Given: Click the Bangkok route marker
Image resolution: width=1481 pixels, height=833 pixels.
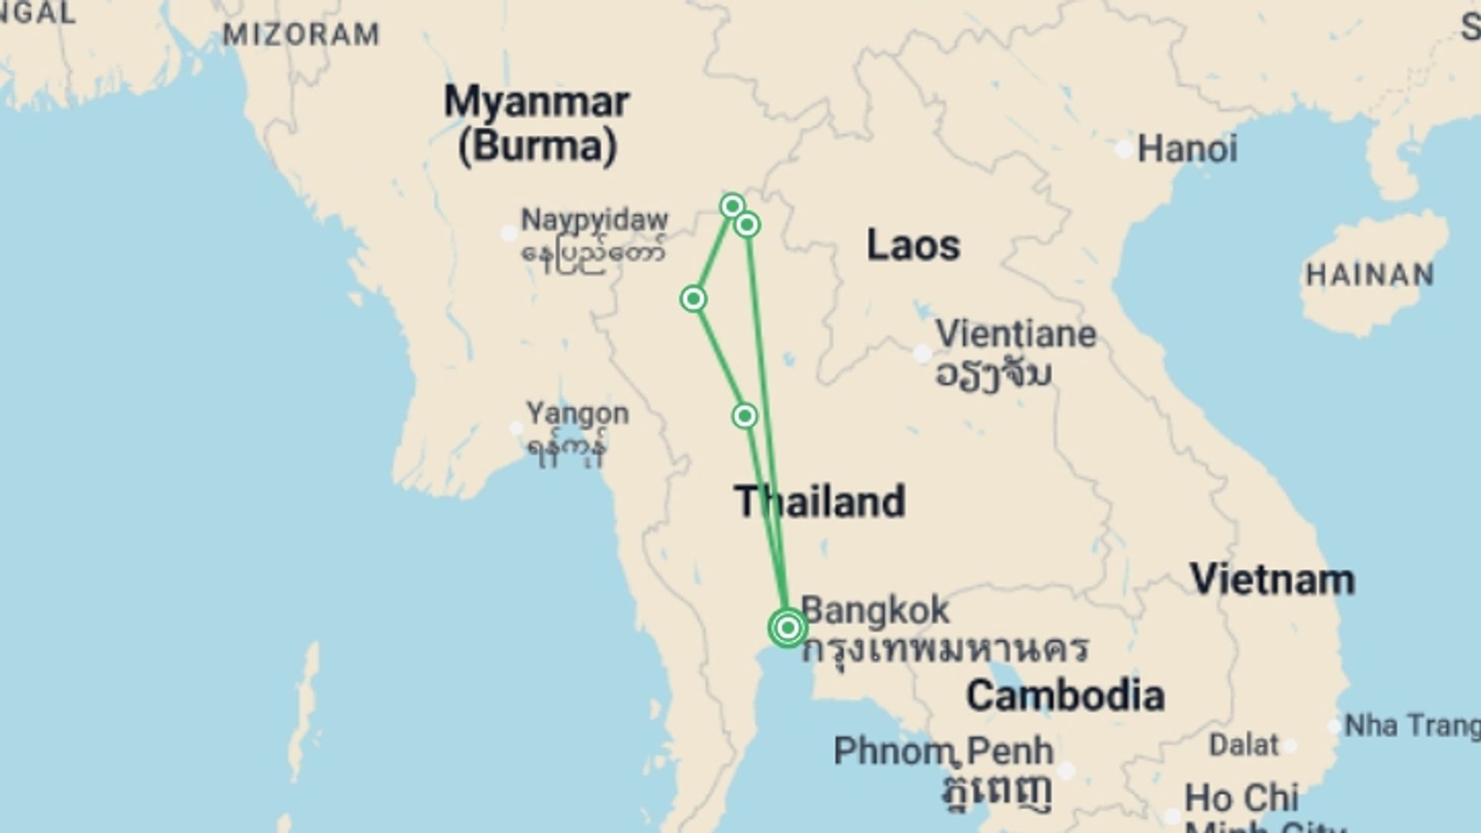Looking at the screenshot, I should (788, 628).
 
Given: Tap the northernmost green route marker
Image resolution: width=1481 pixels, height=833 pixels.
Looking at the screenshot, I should (732, 206).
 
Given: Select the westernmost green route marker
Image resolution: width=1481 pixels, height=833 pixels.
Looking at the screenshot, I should (693, 298).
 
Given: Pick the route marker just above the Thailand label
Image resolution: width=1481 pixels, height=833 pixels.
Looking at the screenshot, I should (744, 416).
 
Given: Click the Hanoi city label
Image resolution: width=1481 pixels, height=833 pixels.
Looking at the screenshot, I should (1187, 149).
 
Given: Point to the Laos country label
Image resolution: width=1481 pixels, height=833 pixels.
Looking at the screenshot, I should (913, 245).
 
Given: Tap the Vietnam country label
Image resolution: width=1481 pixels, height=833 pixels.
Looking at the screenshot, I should (1272, 580).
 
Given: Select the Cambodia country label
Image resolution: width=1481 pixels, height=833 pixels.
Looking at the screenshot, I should (1065, 696).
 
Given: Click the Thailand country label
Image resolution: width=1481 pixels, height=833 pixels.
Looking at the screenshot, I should (819, 501).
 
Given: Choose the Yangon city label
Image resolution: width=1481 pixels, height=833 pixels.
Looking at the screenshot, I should (577, 414).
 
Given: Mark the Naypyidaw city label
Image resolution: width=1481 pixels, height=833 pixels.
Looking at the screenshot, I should (594, 220).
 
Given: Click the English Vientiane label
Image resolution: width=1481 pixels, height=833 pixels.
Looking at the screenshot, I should (1015, 335).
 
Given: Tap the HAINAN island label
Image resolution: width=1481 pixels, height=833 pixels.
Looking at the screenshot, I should (1369, 275).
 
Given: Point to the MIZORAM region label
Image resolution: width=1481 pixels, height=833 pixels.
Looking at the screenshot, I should (301, 34).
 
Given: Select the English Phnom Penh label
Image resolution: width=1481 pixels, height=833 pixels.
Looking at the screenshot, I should (943, 750).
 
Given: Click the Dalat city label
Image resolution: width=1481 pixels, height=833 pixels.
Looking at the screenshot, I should (1243, 745).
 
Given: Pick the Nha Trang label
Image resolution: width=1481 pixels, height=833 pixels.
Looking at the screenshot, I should (1412, 726).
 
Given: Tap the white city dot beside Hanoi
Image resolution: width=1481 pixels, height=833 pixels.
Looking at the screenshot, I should (1125, 149).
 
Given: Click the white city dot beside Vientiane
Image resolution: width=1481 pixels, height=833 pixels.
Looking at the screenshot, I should (922, 354).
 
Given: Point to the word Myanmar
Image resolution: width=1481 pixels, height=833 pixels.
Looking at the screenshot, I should (537, 102).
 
